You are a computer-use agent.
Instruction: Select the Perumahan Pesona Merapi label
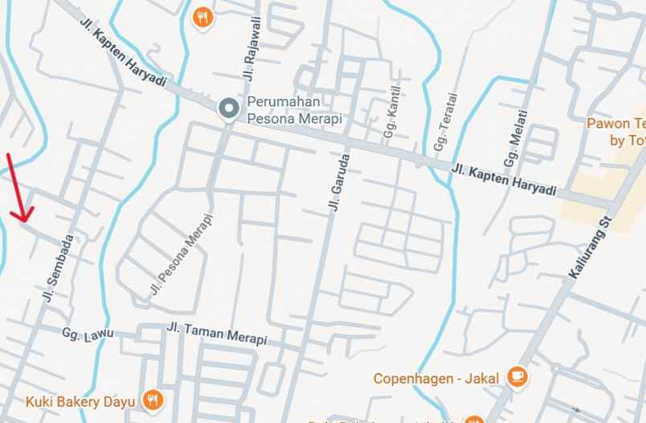[294, 110]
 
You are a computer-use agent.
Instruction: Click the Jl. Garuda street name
[339, 182]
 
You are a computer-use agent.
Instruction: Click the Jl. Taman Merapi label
[216, 333]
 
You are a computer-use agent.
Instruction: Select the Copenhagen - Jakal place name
[436, 377]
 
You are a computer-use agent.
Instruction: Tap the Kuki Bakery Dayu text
[81, 400]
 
